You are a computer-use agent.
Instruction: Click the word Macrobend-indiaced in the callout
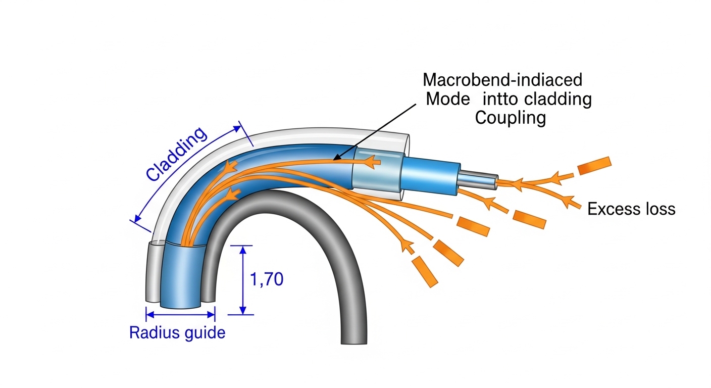click(502, 80)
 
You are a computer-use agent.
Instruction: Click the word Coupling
click(511, 118)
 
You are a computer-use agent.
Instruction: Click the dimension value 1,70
click(267, 279)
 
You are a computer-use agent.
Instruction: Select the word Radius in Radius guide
click(150, 333)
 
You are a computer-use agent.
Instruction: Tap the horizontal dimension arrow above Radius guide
click(180, 314)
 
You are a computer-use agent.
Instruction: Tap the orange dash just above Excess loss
click(594, 166)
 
